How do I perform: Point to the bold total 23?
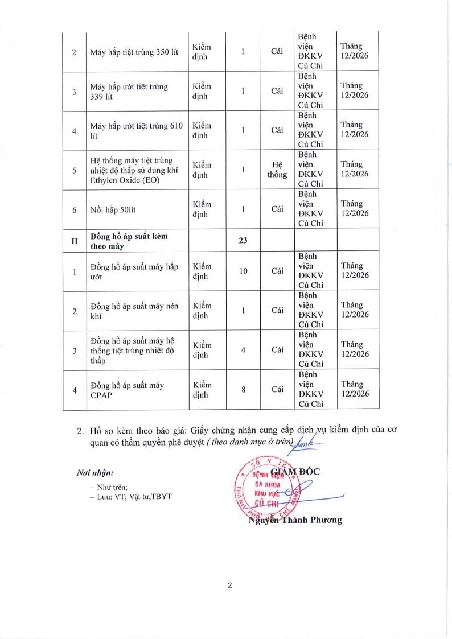(243, 241)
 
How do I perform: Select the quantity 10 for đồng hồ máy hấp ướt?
(243, 271)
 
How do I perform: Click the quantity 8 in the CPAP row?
(243, 390)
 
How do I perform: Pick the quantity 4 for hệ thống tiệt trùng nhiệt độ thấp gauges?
(243, 350)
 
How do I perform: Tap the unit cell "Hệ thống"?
(277, 170)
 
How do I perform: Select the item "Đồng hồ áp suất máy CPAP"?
(127, 390)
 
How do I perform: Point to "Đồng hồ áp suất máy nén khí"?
(134, 311)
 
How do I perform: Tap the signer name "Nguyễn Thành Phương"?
(295, 520)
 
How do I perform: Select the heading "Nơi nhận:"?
(95, 473)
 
